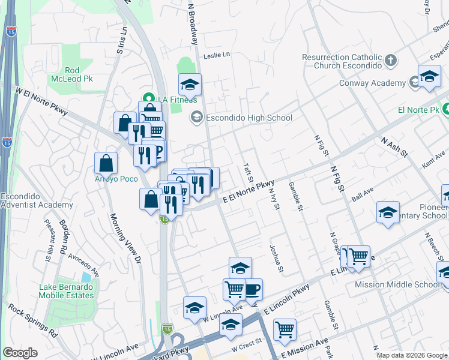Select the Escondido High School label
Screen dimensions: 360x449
point(249,118)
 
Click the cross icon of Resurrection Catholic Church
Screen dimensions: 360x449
point(391,60)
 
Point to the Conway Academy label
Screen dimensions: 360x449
point(372,83)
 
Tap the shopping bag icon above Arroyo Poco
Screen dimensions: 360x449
point(106,162)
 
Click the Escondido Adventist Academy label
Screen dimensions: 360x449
point(37,200)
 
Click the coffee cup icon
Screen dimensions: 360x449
point(252,289)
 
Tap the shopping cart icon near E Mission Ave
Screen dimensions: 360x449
point(285,329)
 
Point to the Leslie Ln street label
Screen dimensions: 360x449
point(217,55)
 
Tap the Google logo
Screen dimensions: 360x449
point(20,353)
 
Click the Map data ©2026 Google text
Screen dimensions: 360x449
point(412,355)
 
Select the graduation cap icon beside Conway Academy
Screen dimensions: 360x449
point(429,77)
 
